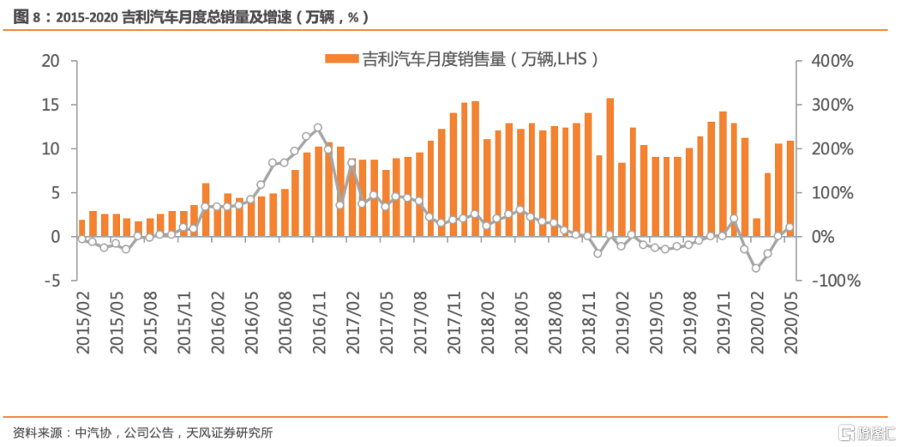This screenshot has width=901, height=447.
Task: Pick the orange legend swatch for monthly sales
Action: click(342, 58)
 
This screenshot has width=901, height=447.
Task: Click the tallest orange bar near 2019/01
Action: click(610, 167)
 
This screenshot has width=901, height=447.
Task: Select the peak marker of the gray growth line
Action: click(318, 128)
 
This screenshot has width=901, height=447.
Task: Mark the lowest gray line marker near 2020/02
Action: click(756, 268)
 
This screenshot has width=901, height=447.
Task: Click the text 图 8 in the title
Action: click(32, 17)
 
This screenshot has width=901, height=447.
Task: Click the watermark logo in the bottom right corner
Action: click(868, 432)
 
